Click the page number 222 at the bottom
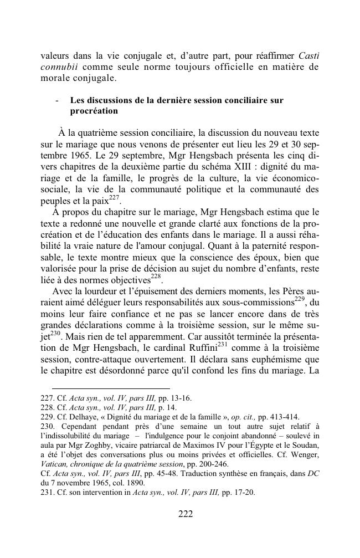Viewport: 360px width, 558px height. click(x=186, y=514)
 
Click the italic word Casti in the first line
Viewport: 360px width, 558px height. click(x=308, y=55)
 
